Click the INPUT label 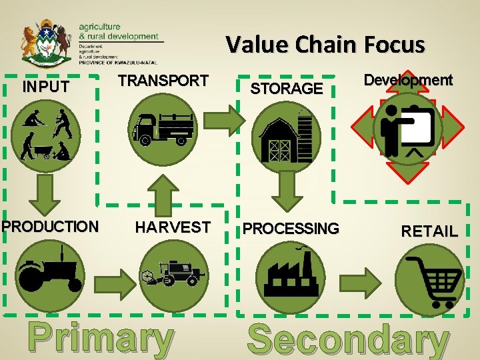pyautogui.click(x=45, y=87)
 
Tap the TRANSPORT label pyautogui.click(x=163, y=81)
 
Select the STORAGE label pyautogui.click(x=286, y=87)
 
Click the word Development pyautogui.click(x=407, y=80)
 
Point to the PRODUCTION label pyautogui.click(x=49, y=226)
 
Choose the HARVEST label pyautogui.click(x=173, y=227)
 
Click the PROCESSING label pyautogui.click(x=290, y=229)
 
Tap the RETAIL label pyautogui.click(x=429, y=231)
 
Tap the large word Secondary pyautogui.click(x=347, y=339)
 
